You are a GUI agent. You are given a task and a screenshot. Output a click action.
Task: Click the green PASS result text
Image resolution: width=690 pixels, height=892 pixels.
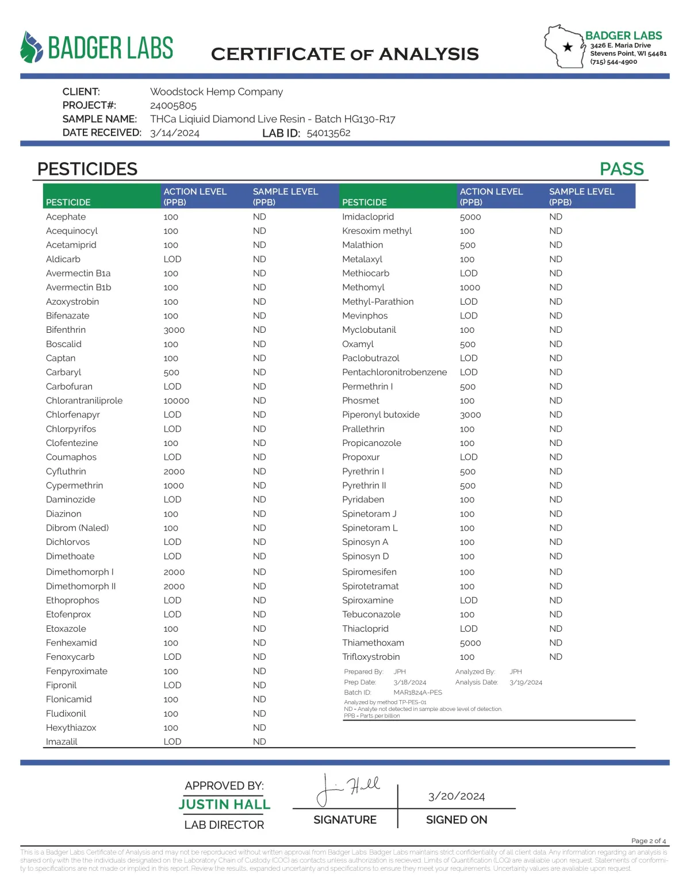tap(621, 169)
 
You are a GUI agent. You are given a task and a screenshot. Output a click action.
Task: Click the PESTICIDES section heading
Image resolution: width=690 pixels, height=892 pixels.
tap(87, 169)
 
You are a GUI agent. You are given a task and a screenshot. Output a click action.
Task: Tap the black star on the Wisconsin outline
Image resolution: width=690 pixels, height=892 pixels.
tap(568, 47)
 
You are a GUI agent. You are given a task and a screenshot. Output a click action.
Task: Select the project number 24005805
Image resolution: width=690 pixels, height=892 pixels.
tap(173, 105)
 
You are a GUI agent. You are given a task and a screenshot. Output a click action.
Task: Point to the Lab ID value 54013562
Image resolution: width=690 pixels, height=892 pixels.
tap(328, 133)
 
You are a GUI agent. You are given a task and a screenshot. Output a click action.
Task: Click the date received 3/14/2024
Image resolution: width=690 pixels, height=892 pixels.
tap(174, 133)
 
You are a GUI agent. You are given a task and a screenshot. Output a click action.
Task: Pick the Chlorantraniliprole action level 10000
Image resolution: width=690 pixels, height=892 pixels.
tap(176, 401)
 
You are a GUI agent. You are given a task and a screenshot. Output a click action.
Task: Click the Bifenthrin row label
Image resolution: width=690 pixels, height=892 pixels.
tap(66, 330)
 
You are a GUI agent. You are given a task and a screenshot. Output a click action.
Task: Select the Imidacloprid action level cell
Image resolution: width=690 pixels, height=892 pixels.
tap(470, 217)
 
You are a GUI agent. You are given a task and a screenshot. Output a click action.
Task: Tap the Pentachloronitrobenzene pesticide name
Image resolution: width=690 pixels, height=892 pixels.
tap(394, 372)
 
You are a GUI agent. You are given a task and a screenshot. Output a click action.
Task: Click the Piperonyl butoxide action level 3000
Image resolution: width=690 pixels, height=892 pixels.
tap(470, 415)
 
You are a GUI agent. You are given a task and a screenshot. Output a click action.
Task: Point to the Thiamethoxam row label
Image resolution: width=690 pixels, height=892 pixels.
tap(373, 643)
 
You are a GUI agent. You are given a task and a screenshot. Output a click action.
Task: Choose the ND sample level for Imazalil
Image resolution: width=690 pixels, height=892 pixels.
tap(259, 741)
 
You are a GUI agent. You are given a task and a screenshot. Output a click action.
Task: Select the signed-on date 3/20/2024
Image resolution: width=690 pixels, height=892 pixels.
tap(456, 796)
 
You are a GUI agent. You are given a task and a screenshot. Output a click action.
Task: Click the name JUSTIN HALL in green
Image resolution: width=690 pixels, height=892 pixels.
tap(224, 804)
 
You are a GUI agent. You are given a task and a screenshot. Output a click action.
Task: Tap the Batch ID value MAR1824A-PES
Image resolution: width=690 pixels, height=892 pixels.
tap(417, 693)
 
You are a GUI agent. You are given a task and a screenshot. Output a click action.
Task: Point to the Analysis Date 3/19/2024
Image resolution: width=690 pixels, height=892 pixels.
tap(526, 682)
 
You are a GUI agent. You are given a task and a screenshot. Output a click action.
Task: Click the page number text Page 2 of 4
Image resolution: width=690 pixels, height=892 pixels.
tap(648, 841)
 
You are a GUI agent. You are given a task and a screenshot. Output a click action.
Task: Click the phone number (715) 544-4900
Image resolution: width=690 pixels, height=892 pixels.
tap(613, 62)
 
